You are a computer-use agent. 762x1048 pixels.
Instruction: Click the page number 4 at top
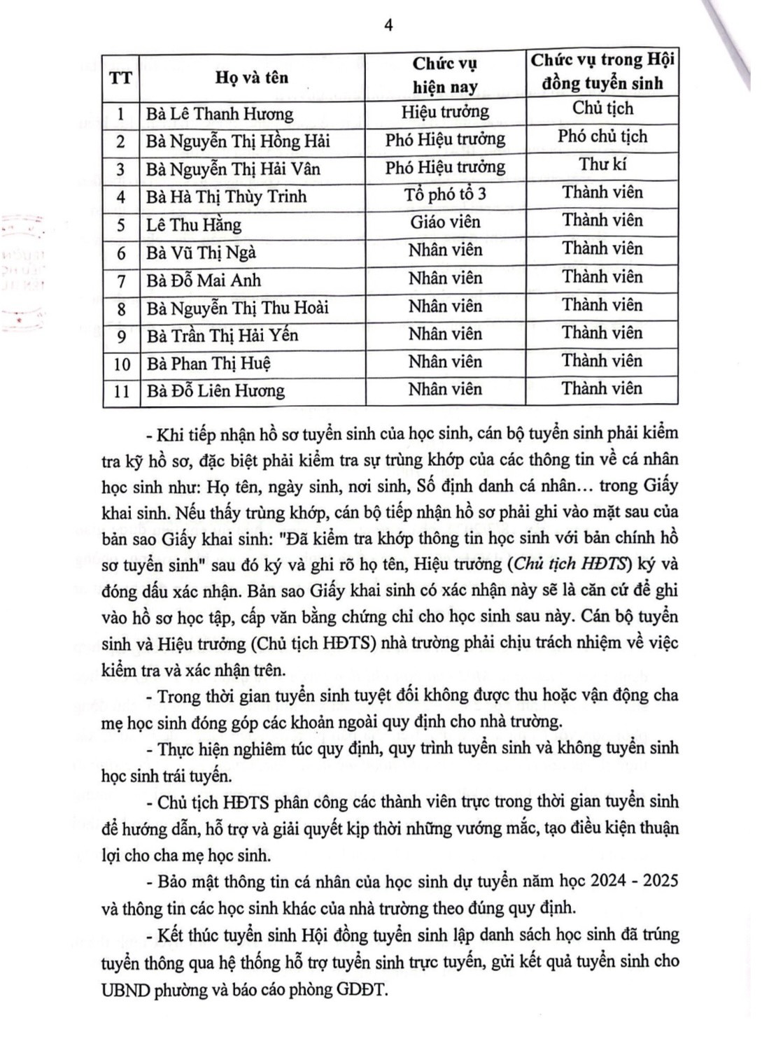(388, 25)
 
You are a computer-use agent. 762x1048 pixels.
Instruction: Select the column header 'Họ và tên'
(252, 77)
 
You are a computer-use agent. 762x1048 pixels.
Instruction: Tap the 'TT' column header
(120, 77)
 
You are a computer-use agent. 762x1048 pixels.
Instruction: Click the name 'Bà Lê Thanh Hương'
(219, 114)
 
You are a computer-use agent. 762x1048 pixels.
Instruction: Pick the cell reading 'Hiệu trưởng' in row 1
(445, 112)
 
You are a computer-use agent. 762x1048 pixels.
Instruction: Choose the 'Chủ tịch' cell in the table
(602, 108)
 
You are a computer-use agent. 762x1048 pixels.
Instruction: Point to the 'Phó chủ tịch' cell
(602, 136)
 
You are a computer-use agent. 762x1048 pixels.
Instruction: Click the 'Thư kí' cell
(602, 164)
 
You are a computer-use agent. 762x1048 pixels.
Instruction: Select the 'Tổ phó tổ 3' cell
(445, 194)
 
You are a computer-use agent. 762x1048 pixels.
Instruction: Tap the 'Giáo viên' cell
(445, 222)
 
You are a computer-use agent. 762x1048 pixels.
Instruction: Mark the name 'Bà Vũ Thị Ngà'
(201, 253)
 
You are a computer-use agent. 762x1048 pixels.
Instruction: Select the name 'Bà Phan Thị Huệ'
(209, 364)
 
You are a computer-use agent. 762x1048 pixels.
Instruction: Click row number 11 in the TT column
(121, 391)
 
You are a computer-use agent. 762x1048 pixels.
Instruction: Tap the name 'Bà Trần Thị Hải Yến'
(222, 336)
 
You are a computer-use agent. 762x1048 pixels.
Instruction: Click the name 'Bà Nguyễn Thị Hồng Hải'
(237, 141)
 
